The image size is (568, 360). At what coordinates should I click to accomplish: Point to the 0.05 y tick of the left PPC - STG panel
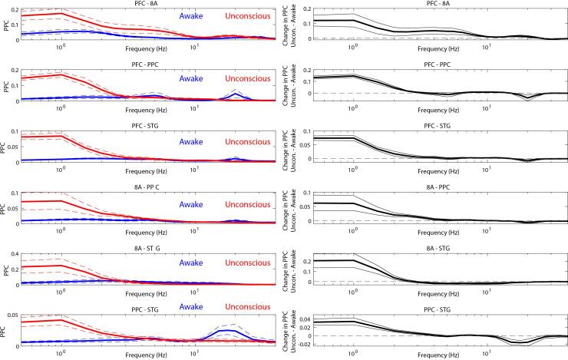click(14, 315)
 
